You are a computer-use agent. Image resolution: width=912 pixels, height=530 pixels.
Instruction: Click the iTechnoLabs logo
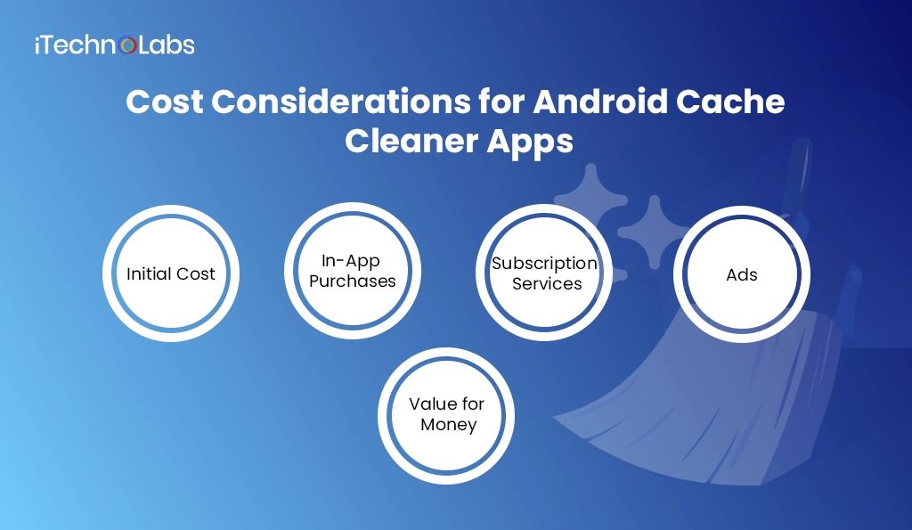(x=114, y=45)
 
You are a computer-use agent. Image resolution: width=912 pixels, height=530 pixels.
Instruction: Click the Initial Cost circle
(x=171, y=273)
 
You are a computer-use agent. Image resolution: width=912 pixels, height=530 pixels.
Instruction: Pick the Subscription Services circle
(x=544, y=273)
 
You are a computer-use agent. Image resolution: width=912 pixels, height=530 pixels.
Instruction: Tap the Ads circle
(x=741, y=273)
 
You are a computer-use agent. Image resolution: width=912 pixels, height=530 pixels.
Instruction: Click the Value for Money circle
(x=447, y=415)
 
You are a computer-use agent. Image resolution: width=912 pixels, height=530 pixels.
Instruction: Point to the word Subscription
(x=544, y=263)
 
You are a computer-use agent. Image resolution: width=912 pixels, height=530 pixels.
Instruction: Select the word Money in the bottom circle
(x=448, y=426)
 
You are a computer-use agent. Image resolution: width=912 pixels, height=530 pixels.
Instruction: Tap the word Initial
(x=147, y=274)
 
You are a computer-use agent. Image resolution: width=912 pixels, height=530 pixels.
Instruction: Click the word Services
(x=547, y=284)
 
